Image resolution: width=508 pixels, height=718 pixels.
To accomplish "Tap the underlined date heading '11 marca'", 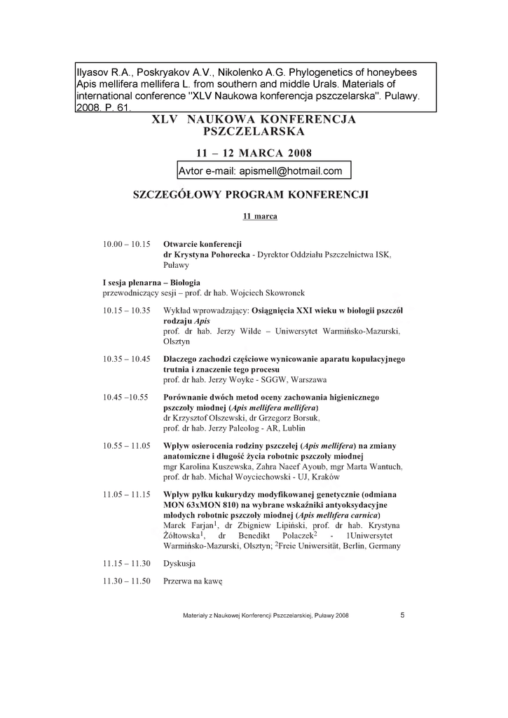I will coord(260,216).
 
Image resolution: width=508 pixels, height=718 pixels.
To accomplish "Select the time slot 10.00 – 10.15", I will coord(127,244).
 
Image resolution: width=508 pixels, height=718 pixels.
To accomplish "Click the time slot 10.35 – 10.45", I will coord(127,359).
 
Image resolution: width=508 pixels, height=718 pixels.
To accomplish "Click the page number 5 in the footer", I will coord(402,615).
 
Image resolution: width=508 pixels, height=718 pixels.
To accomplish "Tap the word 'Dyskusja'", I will coord(179,563).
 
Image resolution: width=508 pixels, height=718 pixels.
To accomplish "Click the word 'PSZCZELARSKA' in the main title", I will coord(254,132).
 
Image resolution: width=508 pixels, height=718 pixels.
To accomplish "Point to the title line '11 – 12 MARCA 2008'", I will coord(254,153).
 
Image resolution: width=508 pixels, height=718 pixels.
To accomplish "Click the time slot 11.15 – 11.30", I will coord(127,563).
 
